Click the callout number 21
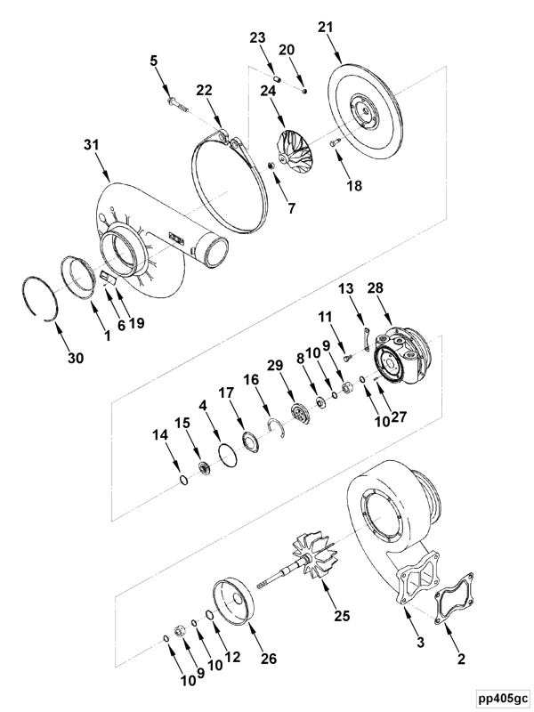[326, 28]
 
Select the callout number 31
[92, 145]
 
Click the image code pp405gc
[501, 698]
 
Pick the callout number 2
[460, 659]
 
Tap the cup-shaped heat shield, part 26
[233, 603]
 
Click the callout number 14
[159, 436]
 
